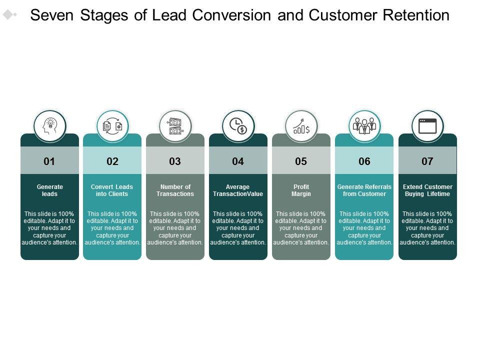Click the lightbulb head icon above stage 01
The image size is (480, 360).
point(50,126)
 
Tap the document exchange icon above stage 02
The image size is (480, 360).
point(112,126)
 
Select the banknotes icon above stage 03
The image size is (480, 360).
point(175,126)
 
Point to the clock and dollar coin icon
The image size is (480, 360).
point(238,126)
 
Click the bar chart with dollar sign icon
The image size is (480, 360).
point(301,126)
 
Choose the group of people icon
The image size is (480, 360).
point(364,126)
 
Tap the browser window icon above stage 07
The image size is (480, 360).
point(427,126)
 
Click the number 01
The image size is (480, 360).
point(49,161)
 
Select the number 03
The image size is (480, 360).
point(175,161)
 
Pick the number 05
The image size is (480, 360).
point(301,161)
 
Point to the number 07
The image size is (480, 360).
point(427,161)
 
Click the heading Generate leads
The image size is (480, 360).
point(49,190)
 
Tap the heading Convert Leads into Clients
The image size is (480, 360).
point(112,190)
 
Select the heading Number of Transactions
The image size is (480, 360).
point(175,190)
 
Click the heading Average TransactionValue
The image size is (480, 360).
point(238,190)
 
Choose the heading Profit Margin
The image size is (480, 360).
point(301,190)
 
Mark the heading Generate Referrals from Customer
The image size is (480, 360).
point(364,190)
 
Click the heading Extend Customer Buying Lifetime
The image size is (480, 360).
point(427,190)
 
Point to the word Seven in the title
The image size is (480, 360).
point(51,15)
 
